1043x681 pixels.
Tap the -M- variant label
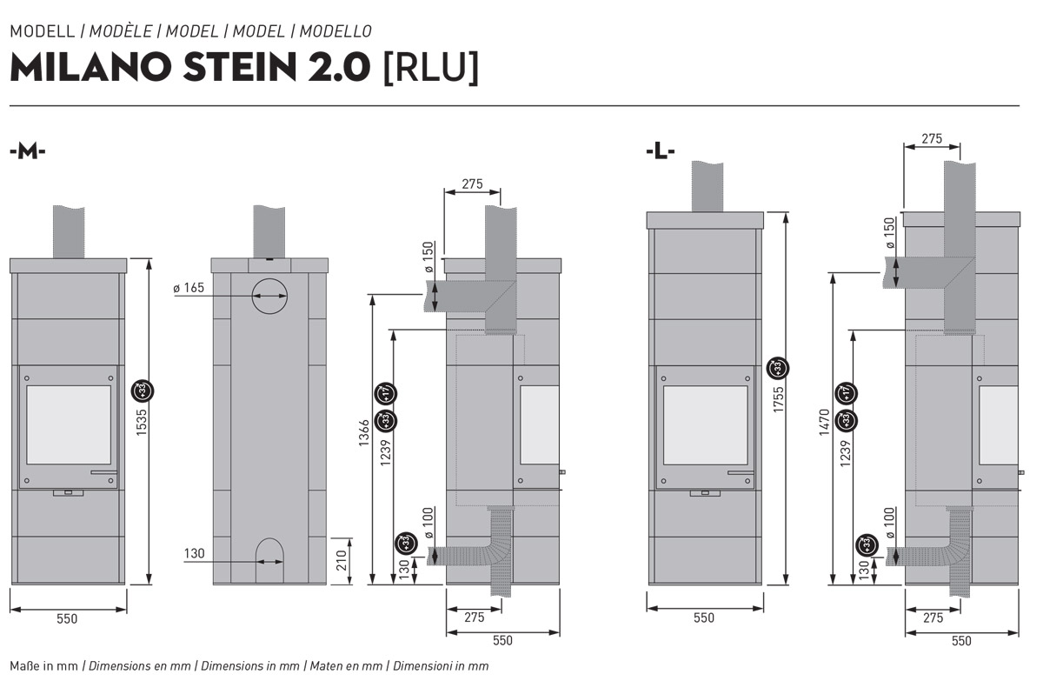point(27,150)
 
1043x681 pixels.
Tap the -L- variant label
point(661,150)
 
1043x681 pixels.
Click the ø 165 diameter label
point(189,288)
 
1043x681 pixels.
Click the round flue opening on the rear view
point(269,297)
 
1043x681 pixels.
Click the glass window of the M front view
point(69,424)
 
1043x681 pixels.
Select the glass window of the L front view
point(706,424)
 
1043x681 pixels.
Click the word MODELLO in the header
point(337,31)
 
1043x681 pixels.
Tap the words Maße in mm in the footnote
point(43,665)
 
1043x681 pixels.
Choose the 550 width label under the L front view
point(704,618)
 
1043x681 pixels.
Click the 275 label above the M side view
point(472,184)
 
